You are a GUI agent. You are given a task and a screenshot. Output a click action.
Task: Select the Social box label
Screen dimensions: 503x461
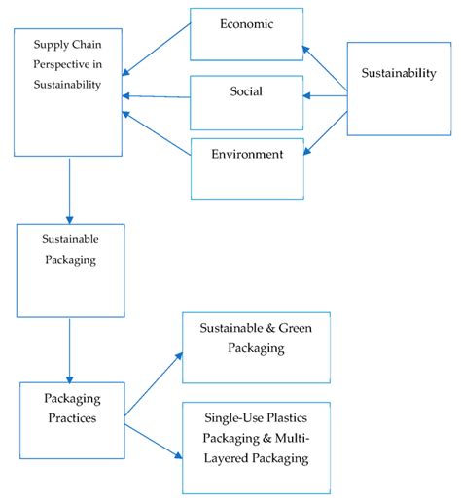tap(247, 91)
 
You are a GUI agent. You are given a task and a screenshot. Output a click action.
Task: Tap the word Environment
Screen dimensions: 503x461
tap(247, 154)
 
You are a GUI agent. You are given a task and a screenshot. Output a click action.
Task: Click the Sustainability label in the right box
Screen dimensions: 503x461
tap(398, 73)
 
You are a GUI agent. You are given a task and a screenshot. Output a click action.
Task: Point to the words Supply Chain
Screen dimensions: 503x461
tap(67, 46)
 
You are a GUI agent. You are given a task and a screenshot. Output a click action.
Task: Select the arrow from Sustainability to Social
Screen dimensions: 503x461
tap(325, 95)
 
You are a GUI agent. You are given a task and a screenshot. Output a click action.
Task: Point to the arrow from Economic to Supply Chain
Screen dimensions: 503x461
tap(158, 51)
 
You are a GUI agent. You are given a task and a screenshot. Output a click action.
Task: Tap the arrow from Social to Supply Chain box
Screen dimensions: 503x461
tap(158, 95)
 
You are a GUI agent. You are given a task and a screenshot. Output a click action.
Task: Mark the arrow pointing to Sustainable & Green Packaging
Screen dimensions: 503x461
tap(154, 381)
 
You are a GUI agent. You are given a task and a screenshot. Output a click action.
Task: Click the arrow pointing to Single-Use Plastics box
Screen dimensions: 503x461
tap(154, 435)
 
